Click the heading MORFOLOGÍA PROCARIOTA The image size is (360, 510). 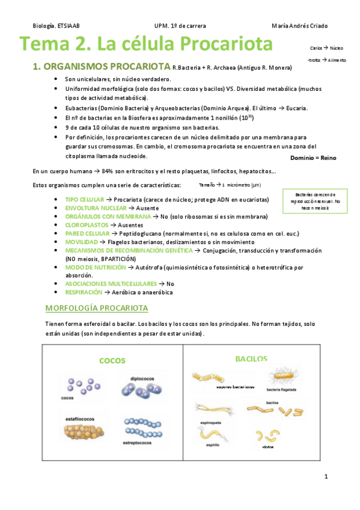[97, 309]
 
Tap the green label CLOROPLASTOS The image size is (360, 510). [87, 224]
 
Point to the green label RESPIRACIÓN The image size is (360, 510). [84, 292]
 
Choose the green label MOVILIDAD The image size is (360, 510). [82, 241]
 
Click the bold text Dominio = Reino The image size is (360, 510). [313, 158]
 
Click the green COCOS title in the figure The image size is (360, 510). [112, 361]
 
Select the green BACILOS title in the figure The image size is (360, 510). [251, 358]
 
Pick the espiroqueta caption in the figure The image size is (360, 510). [210, 422]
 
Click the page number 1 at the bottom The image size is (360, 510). [325, 477]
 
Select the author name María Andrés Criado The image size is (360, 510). [299, 26]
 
